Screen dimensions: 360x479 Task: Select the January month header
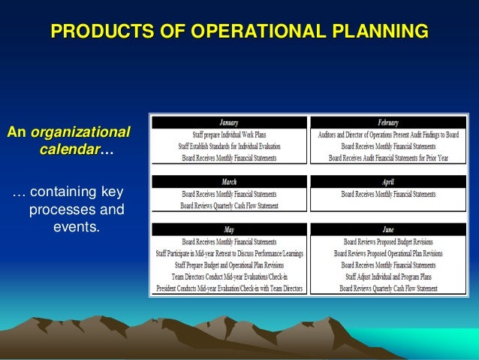(x=229, y=123)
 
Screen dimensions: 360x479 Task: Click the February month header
(x=388, y=123)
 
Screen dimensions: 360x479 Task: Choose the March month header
(x=229, y=182)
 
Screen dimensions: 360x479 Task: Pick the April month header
(x=388, y=182)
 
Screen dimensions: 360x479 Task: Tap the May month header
(x=229, y=230)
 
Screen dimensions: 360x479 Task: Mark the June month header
(x=388, y=230)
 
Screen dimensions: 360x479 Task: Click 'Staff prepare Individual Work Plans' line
(x=229, y=135)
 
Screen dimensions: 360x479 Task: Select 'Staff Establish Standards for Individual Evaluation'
(x=229, y=146)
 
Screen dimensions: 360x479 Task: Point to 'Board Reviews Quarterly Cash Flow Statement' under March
(x=229, y=205)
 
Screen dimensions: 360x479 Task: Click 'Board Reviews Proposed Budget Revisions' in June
(x=388, y=242)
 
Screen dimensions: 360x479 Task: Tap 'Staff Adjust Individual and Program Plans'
(x=388, y=277)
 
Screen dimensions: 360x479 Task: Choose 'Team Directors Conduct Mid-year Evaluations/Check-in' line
(x=229, y=277)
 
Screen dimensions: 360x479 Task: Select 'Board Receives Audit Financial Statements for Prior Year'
(x=388, y=158)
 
